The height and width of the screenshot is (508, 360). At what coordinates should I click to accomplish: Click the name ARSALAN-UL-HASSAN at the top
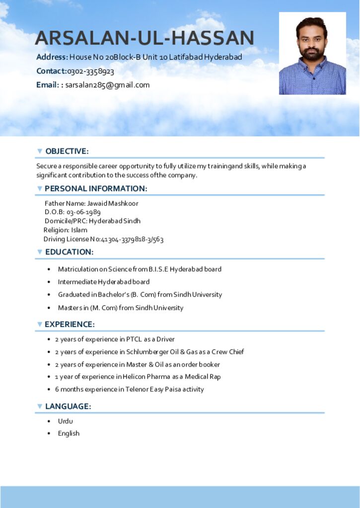point(144,38)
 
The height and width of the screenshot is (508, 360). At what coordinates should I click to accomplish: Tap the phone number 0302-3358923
point(91,71)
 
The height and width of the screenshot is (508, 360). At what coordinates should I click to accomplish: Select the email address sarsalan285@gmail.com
point(107,85)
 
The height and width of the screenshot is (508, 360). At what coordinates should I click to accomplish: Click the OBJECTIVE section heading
point(67,151)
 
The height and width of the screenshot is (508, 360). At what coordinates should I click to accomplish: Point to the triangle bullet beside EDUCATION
point(40,252)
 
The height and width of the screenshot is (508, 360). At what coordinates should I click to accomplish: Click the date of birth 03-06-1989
point(83,212)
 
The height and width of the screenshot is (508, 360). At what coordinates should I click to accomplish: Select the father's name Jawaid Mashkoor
point(113,203)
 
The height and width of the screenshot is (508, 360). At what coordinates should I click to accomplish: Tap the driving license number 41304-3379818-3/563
point(132,239)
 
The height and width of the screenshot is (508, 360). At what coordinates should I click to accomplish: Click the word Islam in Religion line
point(79,230)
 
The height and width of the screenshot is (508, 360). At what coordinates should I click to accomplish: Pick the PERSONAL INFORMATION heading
point(96,189)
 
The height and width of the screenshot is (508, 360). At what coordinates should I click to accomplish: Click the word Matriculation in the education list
point(78,269)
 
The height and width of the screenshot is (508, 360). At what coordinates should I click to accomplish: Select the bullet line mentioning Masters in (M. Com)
point(120,308)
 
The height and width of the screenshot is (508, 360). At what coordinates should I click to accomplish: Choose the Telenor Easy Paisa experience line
point(129,389)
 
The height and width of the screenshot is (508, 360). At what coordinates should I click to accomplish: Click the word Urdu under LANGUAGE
point(65,421)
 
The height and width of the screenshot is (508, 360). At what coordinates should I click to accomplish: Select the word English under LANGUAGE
point(69,433)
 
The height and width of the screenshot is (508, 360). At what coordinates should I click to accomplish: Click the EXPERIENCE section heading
point(70,324)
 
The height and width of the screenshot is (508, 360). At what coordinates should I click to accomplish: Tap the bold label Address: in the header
point(52,57)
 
